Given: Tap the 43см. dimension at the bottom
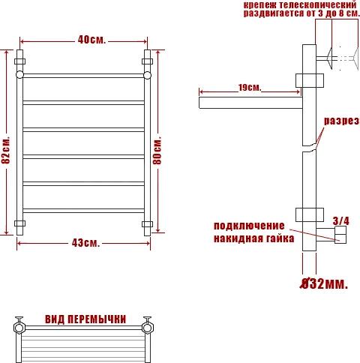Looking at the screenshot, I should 85,243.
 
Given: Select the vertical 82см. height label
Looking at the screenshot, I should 7,150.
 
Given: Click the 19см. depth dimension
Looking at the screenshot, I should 249,88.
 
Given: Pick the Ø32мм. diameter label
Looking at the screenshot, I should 322,283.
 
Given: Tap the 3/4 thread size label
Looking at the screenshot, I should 340,220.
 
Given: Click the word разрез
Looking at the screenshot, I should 341,121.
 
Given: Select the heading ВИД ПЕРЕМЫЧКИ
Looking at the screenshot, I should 85,318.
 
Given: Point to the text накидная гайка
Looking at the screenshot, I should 249,239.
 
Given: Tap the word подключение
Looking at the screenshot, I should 249,226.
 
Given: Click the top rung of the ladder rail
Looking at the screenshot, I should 83,75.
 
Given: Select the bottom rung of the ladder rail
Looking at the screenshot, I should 83,211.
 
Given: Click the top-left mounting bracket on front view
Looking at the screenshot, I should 20,60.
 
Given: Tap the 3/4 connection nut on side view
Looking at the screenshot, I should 340,237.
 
